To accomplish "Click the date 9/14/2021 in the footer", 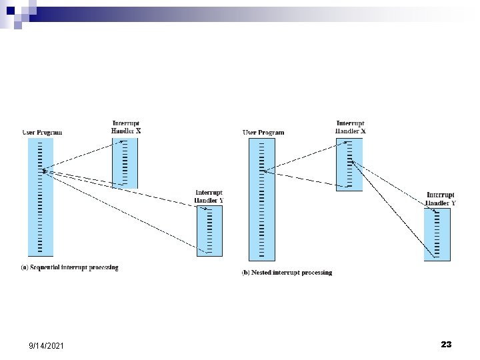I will click(47, 345).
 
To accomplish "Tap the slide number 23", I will click(446, 344).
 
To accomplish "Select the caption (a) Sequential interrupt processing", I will click(69, 268).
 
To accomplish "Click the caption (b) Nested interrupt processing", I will click(287, 273).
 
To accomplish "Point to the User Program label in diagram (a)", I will click(42, 132).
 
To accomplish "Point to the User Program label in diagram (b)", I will click(263, 132).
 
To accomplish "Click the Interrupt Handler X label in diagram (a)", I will click(126, 127).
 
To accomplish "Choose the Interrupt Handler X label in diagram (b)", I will click(350, 127).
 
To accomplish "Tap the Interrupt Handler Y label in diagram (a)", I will click(209, 197).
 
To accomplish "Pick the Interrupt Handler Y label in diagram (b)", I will click(441, 199).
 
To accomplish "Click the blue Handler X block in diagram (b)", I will click(349, 165).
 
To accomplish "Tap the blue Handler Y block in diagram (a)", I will click(209, 230).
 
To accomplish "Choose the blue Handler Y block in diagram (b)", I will click(437, 233).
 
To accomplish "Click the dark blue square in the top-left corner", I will click(9, 9).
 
